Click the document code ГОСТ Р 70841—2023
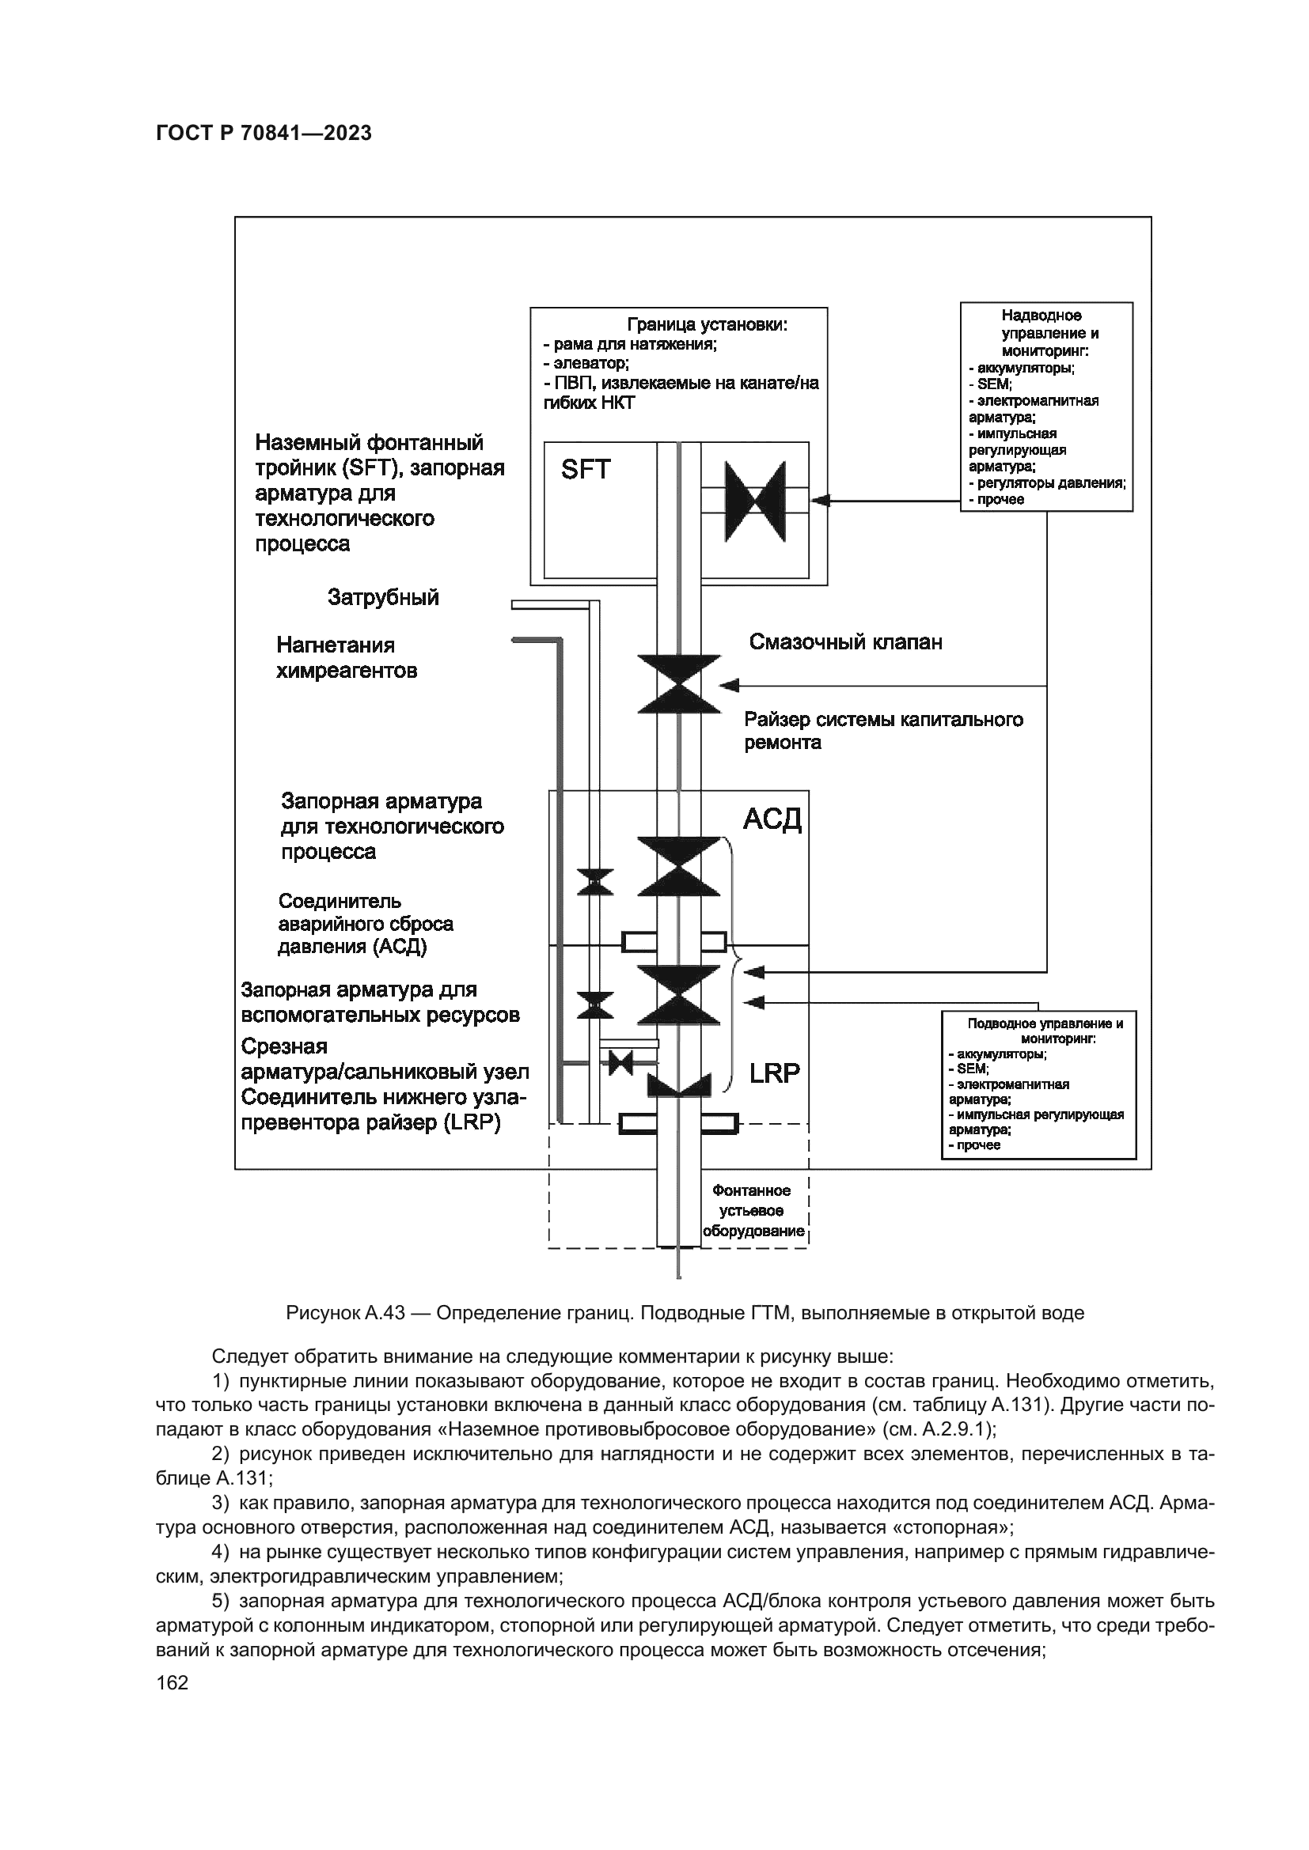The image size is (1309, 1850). click(x=264, y=134)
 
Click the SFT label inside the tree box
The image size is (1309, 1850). click(x=586, y=470)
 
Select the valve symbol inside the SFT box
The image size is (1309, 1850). click(x=754, y=501)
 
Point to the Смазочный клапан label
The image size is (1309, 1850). click(x=845, y=642)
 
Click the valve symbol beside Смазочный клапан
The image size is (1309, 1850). click(x=679, y=684)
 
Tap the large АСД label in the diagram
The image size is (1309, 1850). click(x=772, y=819)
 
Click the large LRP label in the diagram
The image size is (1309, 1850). click(x=775, y=1073)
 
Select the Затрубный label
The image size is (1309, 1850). click(x=383, y=597)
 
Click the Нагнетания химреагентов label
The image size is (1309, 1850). click(x=347, y=658)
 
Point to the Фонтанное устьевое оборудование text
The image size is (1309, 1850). click(x=753, y=1211)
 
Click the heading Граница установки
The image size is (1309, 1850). click(x=707, y=325)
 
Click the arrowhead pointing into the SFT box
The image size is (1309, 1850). click(x=819, y=501)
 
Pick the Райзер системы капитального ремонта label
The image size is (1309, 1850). click(x=882, y=731)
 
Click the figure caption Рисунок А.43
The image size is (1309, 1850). click(x=685, y=1313)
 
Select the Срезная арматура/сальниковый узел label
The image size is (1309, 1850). click(x=385, y=1060)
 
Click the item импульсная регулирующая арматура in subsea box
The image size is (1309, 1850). click(x=1035, y=1122)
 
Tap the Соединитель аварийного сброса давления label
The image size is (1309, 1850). click(x=365, y=924)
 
